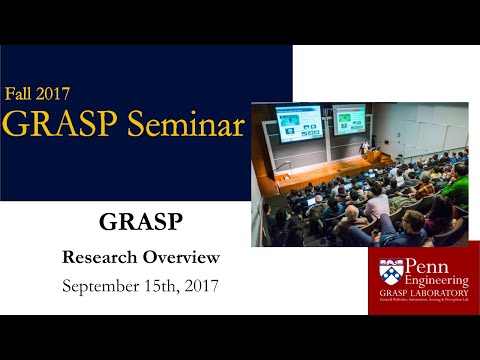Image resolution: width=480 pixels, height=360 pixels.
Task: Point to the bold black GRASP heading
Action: pos(140,222)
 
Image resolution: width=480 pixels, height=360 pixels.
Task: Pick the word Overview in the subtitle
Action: pos(183,257)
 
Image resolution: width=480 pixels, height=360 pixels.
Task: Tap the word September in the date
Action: pos(102,285)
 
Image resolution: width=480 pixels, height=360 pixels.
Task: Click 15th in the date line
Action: pos(166,285)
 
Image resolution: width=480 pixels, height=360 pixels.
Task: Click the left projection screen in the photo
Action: pos(298,123)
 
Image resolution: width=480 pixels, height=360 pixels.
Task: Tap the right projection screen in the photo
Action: pos(349,121)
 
